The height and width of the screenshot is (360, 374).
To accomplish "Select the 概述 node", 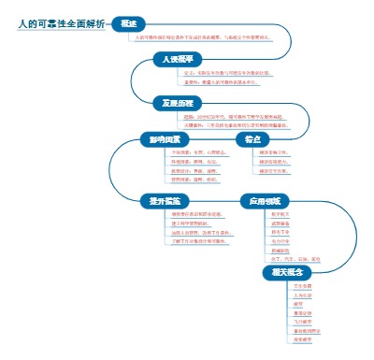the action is tap(129, 22).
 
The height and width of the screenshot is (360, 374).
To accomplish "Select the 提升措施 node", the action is tap(164, 201).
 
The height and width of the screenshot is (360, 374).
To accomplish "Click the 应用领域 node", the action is tap(259, 201).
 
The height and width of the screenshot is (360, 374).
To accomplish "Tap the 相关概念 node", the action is tap(285, 272).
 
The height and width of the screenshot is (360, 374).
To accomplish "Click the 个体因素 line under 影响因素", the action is tap(188, 152).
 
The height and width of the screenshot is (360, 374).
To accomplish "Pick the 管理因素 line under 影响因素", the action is tap(186, 180).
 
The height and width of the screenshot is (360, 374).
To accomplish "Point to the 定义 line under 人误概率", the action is tap(227, 72).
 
